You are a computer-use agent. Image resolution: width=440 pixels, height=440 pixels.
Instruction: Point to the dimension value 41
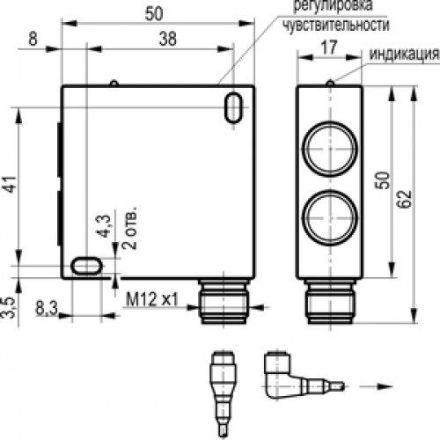(x=8, y=186)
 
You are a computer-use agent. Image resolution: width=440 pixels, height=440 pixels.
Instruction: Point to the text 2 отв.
(x=128, y=231)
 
